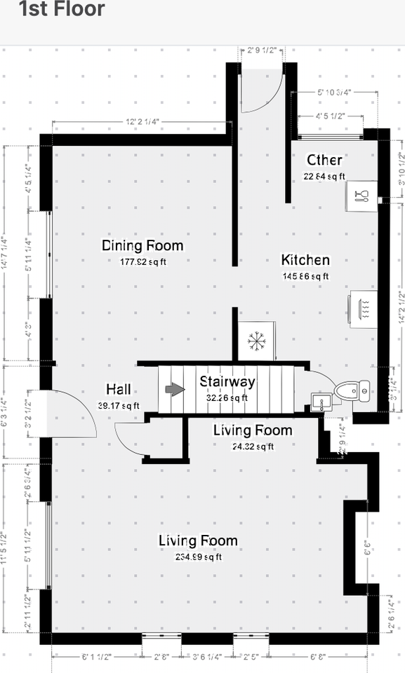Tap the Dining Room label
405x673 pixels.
tap(142, 246)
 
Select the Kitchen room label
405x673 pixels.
tap(305, 260)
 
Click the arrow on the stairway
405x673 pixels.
tap(173, 389)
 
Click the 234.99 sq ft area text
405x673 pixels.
tap(198, 557)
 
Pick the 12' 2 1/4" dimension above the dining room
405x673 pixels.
tap(142, 121)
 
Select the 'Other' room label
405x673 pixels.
tap(324, 161)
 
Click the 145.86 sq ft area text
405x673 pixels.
tap(305, 276)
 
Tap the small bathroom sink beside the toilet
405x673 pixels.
tap(319, 402)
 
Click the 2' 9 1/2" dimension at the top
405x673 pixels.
tap(262, 50)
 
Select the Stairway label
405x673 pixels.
tap(227, 382)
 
